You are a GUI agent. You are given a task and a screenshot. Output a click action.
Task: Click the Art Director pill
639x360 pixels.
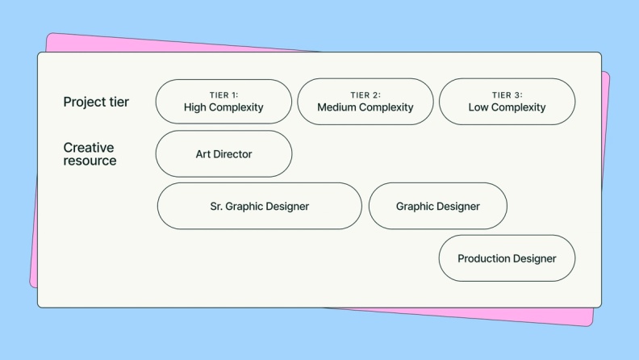[223, 153]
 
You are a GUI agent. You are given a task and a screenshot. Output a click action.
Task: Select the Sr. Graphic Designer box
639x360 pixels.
[259, 206]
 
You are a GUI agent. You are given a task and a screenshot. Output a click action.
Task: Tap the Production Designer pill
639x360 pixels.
[507, 258]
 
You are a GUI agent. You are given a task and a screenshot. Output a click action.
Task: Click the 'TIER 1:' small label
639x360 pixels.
[223, 95]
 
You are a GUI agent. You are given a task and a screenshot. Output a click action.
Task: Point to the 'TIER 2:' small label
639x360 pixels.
[365, 95]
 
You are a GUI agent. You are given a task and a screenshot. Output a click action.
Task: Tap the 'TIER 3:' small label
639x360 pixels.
[507, 95]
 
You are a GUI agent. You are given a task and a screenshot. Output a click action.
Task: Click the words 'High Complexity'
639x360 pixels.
[223, 107]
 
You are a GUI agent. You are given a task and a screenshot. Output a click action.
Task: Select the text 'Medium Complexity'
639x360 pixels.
[365, 107]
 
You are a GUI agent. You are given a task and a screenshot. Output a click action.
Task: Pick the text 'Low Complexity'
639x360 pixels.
[507, 107]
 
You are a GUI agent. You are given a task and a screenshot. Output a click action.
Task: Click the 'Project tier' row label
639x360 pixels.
[96, 103]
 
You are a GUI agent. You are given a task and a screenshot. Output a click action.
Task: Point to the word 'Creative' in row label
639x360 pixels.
[89, 148]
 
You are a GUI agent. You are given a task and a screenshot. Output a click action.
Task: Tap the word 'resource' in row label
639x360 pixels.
[90, 161]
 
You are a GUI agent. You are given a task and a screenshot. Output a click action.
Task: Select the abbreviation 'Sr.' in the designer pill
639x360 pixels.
[216, 207]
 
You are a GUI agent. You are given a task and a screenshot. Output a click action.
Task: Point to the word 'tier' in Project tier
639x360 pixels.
[119, 103]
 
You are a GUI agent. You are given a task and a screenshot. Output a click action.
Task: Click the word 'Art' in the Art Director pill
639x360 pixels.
[203, 154]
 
